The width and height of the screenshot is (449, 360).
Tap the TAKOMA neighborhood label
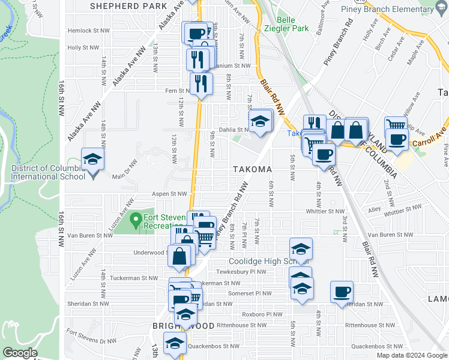coord(253,169)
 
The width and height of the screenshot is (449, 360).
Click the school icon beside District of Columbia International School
coord(93,160)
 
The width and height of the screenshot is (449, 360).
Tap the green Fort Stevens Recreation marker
coord(136,221)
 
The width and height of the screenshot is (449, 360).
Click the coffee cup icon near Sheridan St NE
coord(342,292)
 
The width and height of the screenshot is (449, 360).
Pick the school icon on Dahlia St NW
coord(261,121)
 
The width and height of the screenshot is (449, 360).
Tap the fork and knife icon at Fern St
coord(201,84)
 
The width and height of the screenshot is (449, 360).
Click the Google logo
coord(20,353)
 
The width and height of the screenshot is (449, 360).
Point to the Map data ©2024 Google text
coord(411,355)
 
